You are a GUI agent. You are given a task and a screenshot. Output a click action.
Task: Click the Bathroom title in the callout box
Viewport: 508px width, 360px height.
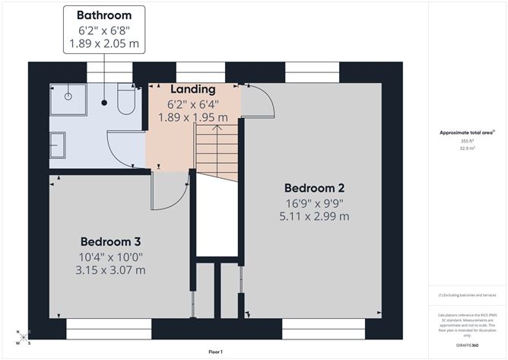[104, 15]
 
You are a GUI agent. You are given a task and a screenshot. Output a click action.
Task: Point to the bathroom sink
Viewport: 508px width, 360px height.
[57, 142]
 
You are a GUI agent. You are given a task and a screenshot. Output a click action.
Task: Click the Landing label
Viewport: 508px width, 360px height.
[192, 90]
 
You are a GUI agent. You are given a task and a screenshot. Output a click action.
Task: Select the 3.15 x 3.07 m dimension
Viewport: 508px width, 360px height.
[111, 270]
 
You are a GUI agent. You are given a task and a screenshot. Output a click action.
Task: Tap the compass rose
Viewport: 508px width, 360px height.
[23, 336]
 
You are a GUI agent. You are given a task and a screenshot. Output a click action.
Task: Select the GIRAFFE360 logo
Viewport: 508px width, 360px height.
[467, 345]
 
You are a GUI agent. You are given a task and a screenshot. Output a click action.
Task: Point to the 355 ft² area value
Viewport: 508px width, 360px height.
[467, 141]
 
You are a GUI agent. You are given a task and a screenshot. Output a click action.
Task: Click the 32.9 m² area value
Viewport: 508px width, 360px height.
[467, 149]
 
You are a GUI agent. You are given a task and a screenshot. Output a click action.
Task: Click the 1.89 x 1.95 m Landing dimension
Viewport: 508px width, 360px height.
[192, 117]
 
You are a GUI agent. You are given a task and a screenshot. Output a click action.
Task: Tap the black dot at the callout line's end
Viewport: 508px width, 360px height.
[104, 102]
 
